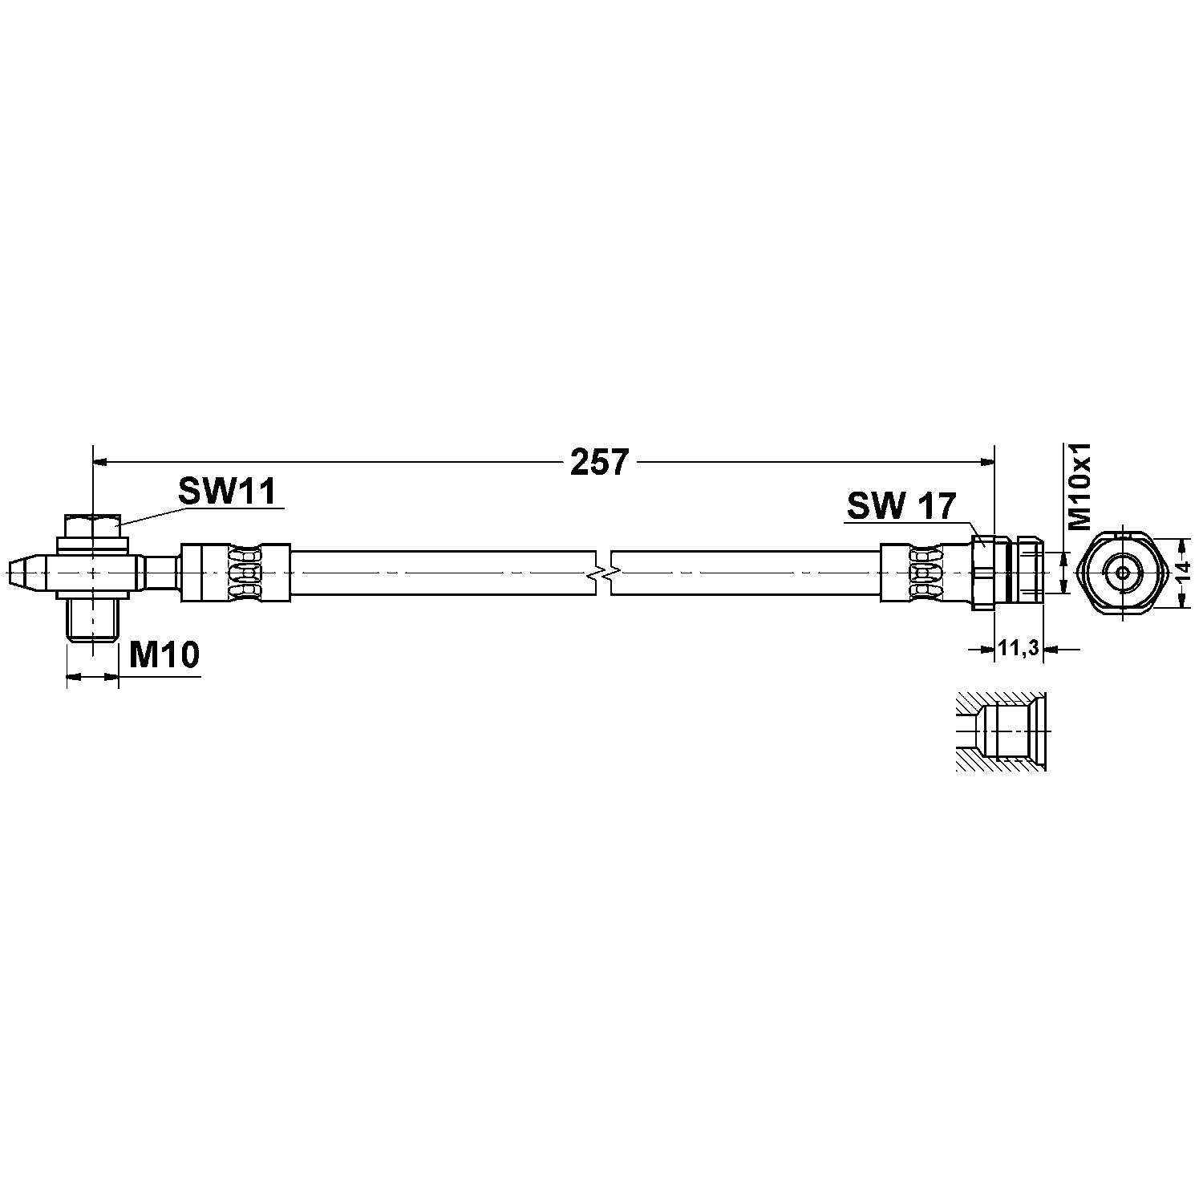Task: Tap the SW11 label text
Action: [227, 491]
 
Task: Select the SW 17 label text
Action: [901, 506]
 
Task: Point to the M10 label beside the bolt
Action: [164, 656]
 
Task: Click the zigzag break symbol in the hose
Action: [603, 573]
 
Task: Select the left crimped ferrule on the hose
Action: [233, 573]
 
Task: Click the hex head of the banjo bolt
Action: [94, 527]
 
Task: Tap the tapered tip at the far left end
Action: [22, 573]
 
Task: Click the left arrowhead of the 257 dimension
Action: [101, 462]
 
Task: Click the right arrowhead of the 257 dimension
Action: [987, 462]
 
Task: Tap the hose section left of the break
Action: [441, 573]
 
